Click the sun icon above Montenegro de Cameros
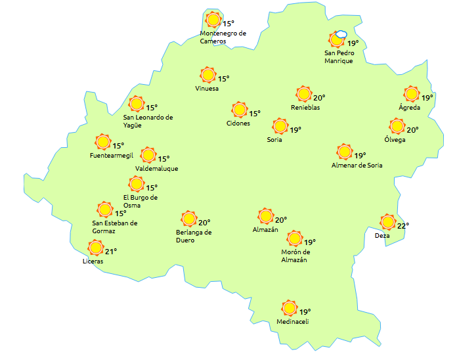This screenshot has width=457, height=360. click(x=213, y=20)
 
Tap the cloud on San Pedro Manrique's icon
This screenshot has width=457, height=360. click(x=341, y=35)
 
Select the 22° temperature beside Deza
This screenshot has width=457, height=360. click(x=403, y=225)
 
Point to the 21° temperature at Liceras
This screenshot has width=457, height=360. click(x=110, y=251)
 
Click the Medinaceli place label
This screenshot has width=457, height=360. click(x=292, y=321)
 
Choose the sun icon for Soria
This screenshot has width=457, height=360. click(x=280, y=125)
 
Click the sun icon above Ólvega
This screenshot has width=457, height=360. click(x=397, y=126)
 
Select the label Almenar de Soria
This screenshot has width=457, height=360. click(x=357, y=165)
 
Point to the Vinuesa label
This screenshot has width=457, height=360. click(x=207, y=89)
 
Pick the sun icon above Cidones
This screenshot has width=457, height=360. click(x=240, y=110)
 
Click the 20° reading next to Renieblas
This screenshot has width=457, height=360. click(x=318, y=97)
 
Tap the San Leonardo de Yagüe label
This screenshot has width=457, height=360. click(x=148, y=122)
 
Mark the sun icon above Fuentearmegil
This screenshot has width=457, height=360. click(x=103, y=142)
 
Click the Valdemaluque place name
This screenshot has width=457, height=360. click(x=156, y=168)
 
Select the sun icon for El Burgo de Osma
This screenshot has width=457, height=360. click(x=137, y=185)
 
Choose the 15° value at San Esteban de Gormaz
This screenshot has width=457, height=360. click(x=121, y=214)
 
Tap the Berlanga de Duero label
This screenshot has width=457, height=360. click(x=194, y=236)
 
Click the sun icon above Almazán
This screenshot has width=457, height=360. click(x=266, y=216)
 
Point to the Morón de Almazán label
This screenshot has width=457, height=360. click(x=294, y=256)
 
